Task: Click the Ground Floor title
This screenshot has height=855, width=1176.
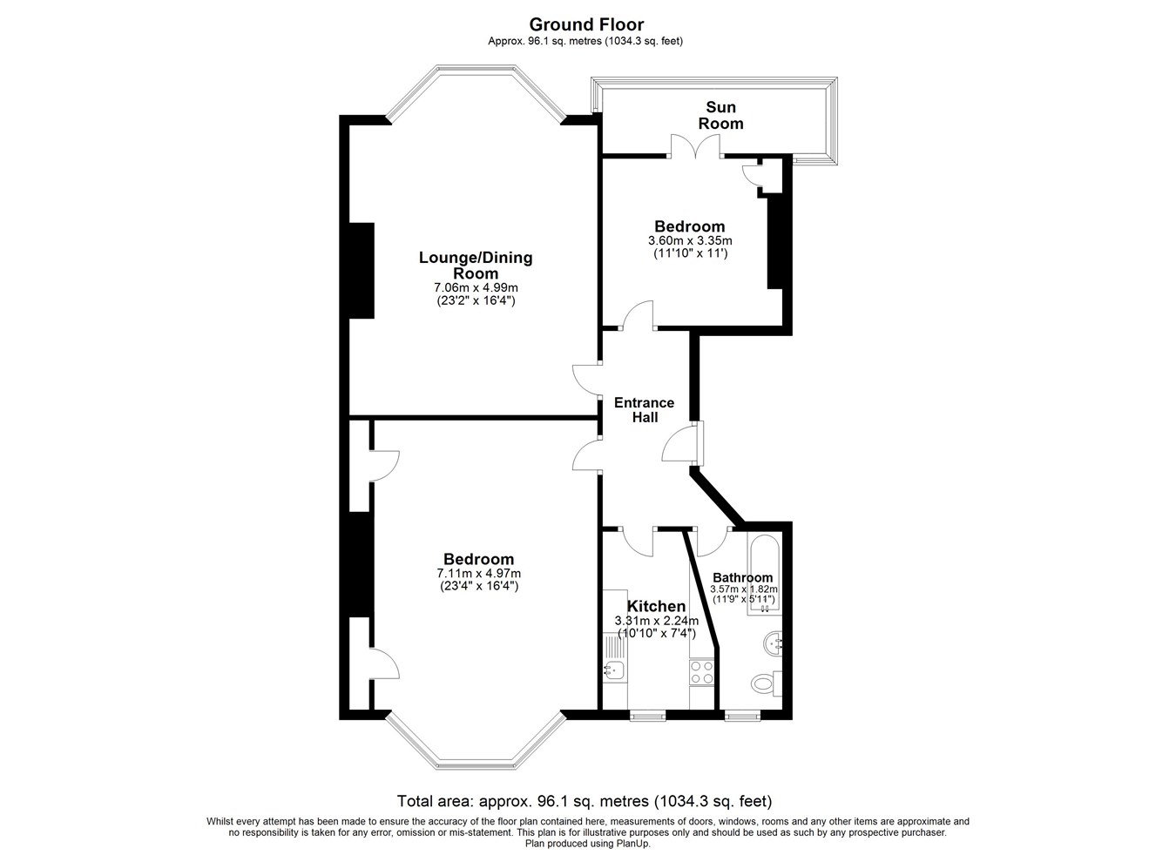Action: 586,24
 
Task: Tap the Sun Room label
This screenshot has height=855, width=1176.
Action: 720,116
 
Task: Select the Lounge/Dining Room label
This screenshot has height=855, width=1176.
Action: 476,265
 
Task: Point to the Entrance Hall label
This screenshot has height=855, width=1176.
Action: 644,410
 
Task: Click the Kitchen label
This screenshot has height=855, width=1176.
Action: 656,606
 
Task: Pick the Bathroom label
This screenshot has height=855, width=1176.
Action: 742,578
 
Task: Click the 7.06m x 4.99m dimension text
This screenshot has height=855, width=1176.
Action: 476,287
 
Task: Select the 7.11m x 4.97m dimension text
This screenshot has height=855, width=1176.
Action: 478,573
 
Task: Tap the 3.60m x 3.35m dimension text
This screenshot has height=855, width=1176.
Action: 690,241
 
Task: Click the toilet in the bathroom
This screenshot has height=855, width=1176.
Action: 767,683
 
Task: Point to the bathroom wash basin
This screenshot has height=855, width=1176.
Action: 773,643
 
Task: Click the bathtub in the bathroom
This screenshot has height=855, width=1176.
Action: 765,576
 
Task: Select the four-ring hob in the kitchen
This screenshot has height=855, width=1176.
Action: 702,672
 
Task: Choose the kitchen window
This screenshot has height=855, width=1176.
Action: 647,715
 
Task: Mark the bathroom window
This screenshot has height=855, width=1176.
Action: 742,715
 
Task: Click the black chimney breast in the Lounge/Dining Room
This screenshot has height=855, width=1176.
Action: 362,271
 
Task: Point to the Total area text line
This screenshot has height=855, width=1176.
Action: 585,802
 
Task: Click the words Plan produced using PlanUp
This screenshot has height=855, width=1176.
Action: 587,844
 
